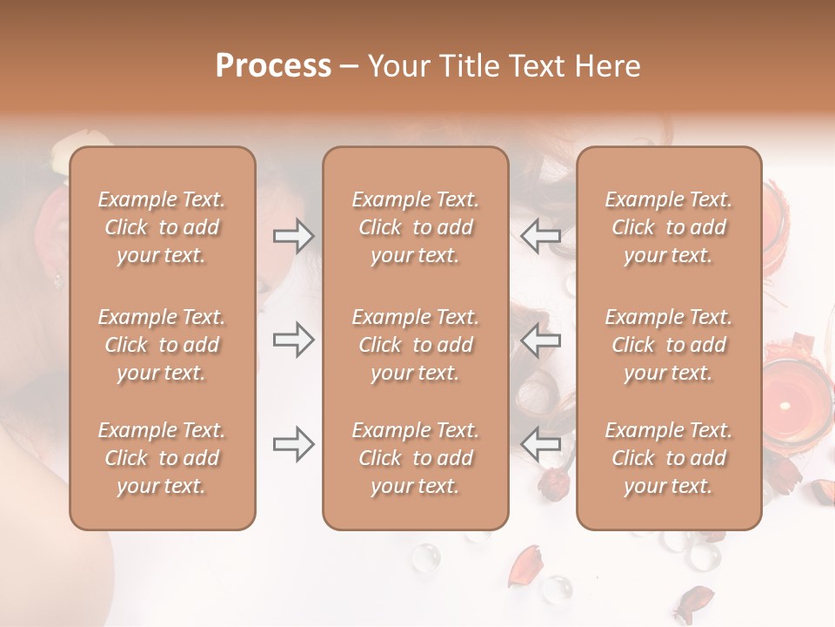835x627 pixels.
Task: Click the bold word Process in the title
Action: click(x=273, y=66)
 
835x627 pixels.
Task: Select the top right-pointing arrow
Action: click(x=293, y=236)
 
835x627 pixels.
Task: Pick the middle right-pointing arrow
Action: click(x=293, y=340)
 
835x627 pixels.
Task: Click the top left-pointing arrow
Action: click(x=541, y=236)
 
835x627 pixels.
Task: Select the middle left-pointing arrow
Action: click(x=541, y=340)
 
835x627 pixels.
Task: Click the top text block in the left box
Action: click(x=162, y=227)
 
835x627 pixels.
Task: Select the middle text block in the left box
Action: click(x=162, y=345)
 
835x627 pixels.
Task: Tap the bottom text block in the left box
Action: click(x=162, y=458)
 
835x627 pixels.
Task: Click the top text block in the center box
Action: click(x=416, y=227)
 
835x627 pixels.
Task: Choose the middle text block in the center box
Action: click(x=416, y=345)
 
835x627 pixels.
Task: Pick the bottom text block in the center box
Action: click(x=416, y=458)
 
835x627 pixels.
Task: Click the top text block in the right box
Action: click(x=669, y=227)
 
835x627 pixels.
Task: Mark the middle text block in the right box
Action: click(x=669, y=345)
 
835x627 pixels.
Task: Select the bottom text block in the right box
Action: click(x=669, y=458)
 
